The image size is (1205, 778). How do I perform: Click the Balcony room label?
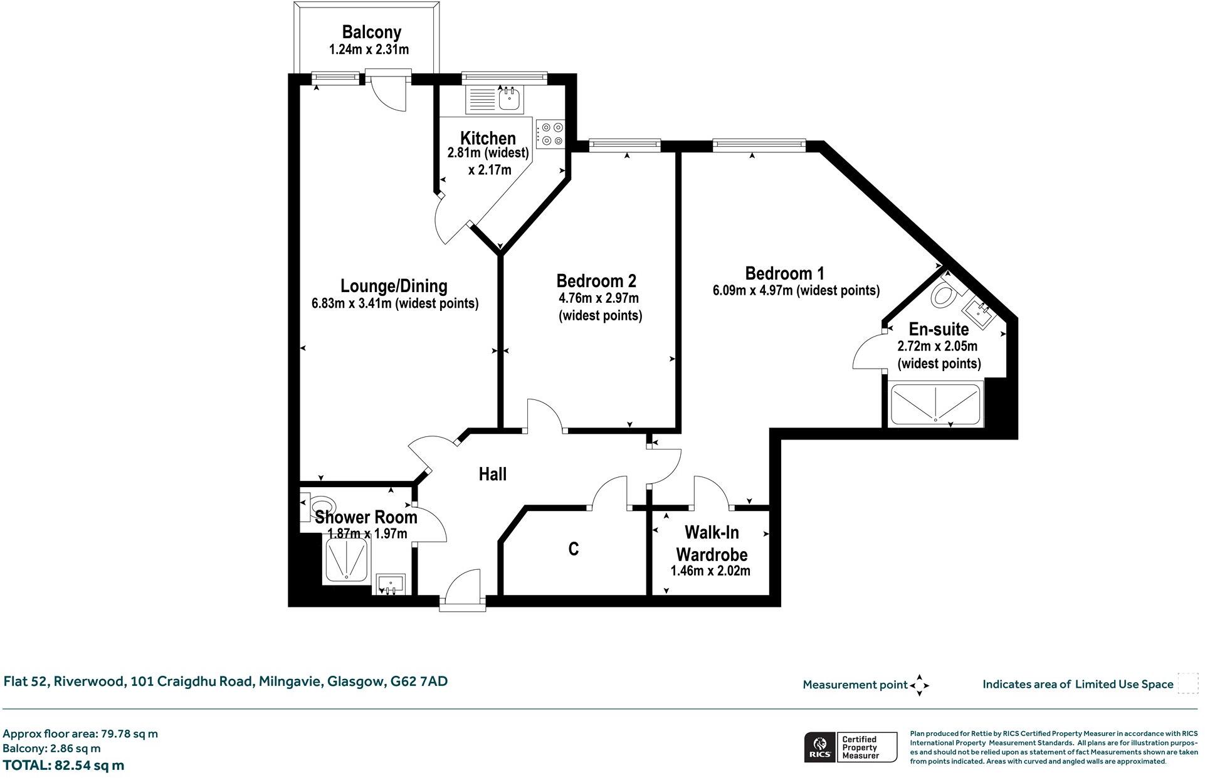[371, 32]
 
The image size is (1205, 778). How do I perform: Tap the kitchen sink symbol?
[510, 99]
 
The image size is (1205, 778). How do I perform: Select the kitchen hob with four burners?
[550, 134]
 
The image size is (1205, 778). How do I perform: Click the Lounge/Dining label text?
[394, 286]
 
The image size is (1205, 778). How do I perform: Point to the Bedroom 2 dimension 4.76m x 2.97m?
[598, 298]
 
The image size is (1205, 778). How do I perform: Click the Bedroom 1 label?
[784, 273]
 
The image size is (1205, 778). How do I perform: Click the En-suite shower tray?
[935, 403]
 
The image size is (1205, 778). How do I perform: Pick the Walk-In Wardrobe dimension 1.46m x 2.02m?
[710, 571]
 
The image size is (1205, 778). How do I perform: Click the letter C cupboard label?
[573, 549]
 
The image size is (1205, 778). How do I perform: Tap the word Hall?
[492, 475]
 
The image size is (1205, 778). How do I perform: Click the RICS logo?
[819, 747]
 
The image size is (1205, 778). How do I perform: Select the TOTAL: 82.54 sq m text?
[63, 765]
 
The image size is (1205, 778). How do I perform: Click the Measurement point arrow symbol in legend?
[919, 685]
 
